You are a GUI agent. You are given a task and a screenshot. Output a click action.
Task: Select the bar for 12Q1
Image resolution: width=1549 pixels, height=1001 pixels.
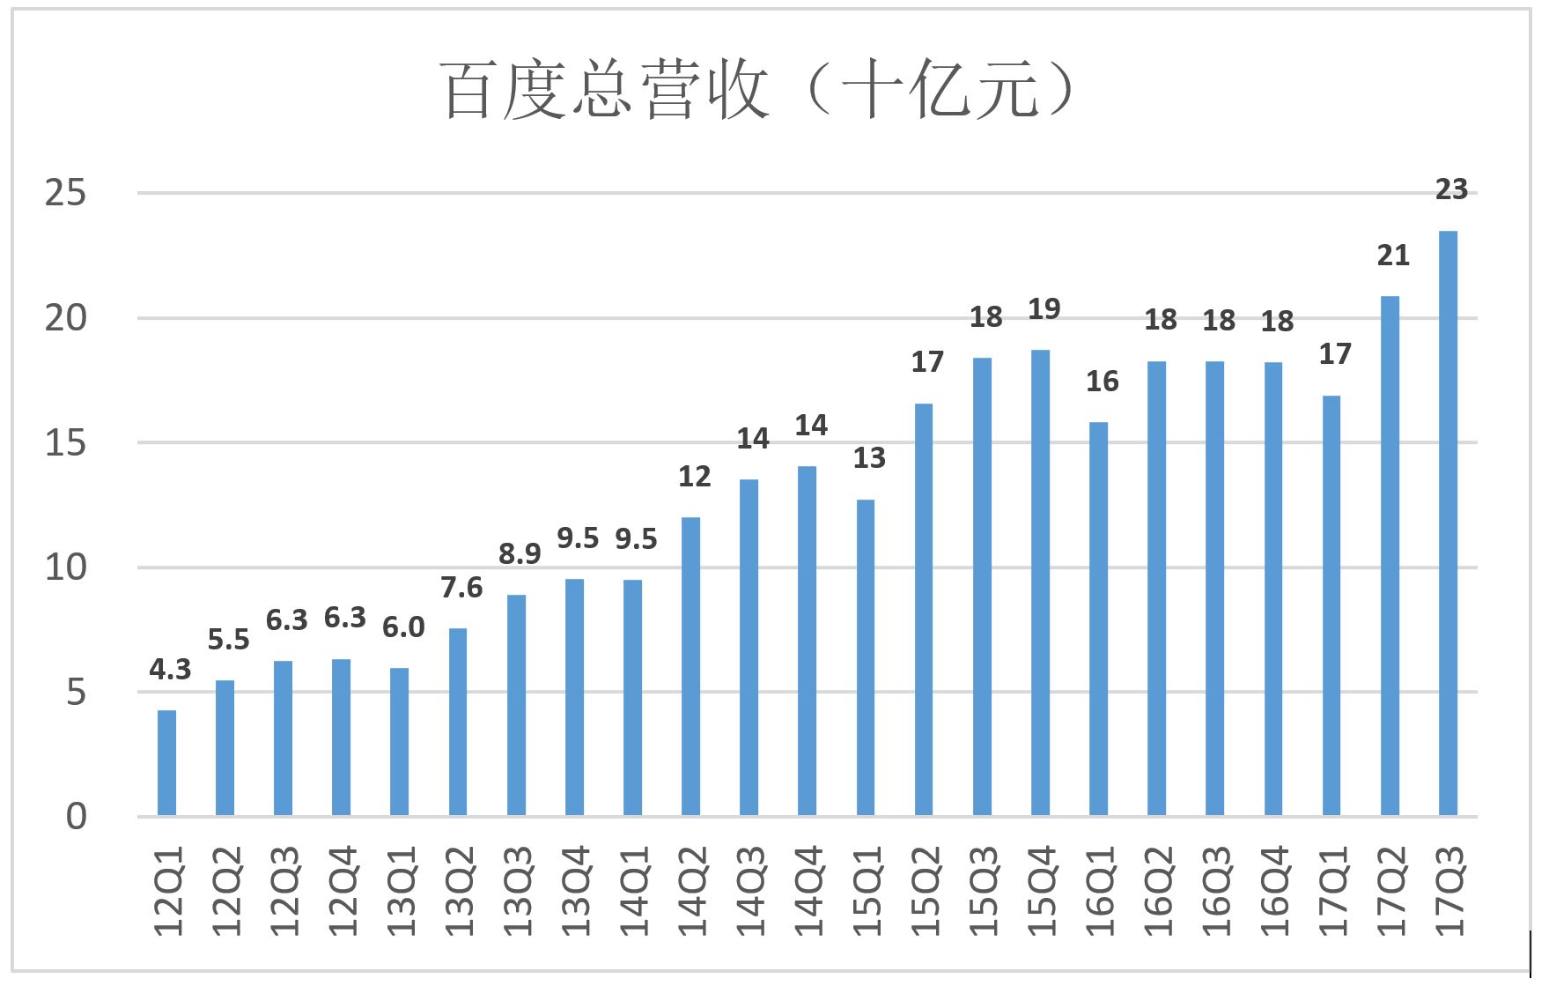tap(166, 763)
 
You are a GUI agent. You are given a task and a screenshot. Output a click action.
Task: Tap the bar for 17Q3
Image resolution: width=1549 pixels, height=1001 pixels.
tap(1448, 523)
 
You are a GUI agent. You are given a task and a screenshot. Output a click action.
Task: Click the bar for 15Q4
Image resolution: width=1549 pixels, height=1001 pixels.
tap(1040, 582)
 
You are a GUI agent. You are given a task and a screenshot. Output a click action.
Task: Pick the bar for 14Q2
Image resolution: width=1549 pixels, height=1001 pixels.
tap(690, 666)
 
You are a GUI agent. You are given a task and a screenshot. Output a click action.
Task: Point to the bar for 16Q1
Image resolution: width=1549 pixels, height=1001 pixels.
tap(1098, 619)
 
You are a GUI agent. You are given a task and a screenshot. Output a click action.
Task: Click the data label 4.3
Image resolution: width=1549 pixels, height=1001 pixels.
tap(170, 670)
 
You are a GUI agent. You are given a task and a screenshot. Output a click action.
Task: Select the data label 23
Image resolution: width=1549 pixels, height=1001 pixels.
tap(1451, 189)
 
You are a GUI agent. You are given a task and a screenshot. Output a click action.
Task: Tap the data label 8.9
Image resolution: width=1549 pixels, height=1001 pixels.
tap(520, 553)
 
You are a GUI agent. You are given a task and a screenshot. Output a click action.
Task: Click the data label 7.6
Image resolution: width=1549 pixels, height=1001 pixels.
tap(461, 587)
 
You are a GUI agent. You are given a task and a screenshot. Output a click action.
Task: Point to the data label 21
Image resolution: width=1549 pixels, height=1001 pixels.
tap(1393, 256)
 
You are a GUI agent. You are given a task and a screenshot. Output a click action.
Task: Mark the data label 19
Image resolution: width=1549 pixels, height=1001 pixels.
tap(1044, 309)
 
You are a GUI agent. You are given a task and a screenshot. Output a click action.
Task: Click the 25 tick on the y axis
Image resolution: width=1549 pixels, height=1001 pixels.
tap(66, 193)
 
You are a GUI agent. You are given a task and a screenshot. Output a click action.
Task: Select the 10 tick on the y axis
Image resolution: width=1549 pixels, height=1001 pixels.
tap(66, 567)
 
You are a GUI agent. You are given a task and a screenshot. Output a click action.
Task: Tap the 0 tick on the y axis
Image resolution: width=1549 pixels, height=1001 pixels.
tap(77, 817)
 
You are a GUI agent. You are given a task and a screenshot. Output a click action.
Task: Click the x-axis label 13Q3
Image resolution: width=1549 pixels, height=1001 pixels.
tap(518, 891)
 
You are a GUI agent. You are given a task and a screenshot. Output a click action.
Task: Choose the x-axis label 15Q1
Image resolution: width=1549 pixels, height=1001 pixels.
tap(867, 891)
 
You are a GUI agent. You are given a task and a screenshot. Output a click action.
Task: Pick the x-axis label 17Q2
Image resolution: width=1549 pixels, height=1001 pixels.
tap(1391, 891)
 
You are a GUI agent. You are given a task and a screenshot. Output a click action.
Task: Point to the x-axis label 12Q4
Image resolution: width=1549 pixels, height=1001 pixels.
tap(343, 891)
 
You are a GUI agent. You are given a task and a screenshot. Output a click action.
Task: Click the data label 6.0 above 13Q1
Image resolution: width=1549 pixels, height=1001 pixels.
tap(403, 627)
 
